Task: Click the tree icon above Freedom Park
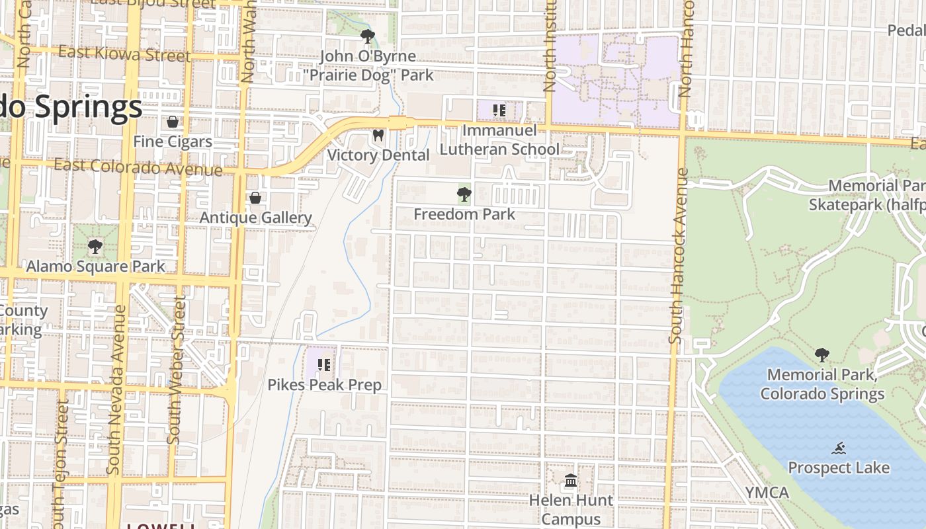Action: click(x=464, y=194)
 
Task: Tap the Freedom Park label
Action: click(x=464, y=214)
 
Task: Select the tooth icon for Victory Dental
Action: click(x=378, y=136)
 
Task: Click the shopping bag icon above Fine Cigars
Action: click(x=173, y=122)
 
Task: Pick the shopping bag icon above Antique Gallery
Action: click(x=255, y=198)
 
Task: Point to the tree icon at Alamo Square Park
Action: click(x=95, y=247)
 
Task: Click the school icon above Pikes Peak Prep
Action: click(x=324, y=364)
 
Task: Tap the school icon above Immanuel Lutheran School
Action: click(x=499, y=110)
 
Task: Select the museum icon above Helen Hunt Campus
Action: click(x=571, y=480)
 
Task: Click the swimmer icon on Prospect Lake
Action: click(x=839, y=448)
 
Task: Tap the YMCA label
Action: click(x=767, y=493)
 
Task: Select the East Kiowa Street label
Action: click(x=124, y=54)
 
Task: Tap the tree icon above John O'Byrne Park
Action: click(x=367, y=36)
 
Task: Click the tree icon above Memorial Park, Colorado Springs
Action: click(x=822, y=355)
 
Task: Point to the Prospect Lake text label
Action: click(x=839, y=468)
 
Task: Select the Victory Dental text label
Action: click(x=378, y=155)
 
